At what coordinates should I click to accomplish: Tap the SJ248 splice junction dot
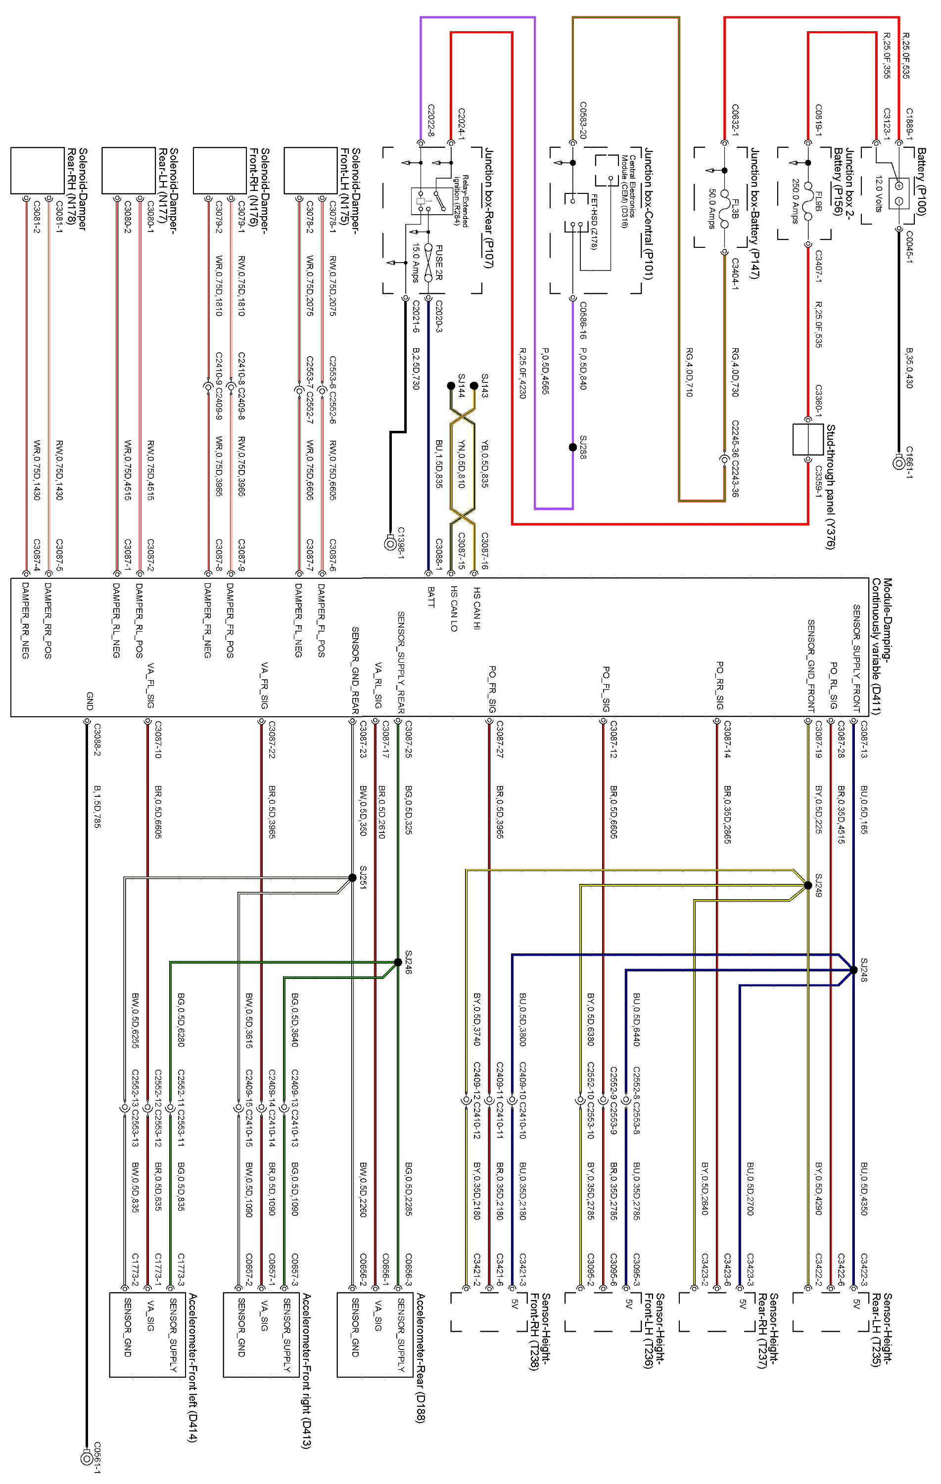[x=853, y=970]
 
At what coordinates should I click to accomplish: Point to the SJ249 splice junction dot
[x=808, y=885]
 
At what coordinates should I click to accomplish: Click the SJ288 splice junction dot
[x=572, y=447]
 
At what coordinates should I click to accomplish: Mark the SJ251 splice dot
[x=352, y=877]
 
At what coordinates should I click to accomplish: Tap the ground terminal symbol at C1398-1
[x=389, y=544]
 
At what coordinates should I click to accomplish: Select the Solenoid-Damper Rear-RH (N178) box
[x=38, y=171]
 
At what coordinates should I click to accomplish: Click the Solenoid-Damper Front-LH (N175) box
[x=311, y=171]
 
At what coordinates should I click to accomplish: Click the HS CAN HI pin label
[x=477, y=607]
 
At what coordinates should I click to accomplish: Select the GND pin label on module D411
[x=90, y=701]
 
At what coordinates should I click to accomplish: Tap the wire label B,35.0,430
[x=909, y=368]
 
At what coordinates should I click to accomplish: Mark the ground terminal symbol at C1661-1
[x=898, y=462]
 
